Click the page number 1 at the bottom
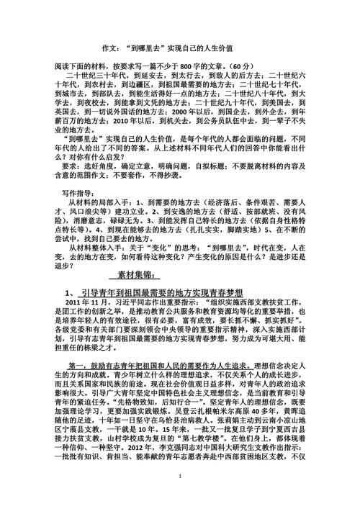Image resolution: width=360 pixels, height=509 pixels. pos(179,496)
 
